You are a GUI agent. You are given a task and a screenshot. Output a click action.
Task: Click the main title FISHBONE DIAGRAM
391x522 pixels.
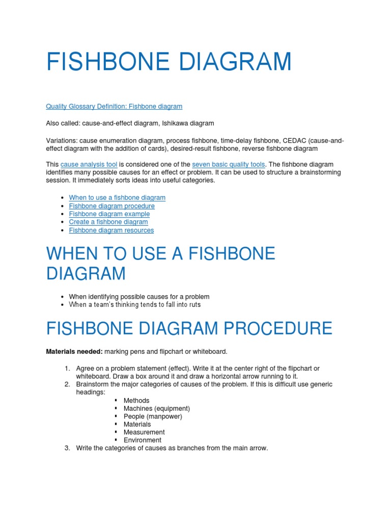pos(169,62)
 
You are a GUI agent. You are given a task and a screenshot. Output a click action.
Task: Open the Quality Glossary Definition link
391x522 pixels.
pos(114,107)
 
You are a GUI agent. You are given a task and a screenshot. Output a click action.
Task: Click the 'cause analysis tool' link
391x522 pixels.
pos(89,164)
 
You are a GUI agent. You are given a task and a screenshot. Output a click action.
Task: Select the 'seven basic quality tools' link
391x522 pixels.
pos(229,164)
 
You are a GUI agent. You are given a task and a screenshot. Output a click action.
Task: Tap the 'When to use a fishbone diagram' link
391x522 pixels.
pos(117,197)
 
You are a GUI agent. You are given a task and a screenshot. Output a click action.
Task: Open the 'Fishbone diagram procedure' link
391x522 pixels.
pos(112,206)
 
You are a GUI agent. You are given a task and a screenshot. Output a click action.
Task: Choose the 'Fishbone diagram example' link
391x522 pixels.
pos(109,214)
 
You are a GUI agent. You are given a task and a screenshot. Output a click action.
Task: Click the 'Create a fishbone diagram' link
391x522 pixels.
pos(108,222)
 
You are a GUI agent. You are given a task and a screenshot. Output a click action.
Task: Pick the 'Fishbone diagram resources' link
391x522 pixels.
pos(111,230)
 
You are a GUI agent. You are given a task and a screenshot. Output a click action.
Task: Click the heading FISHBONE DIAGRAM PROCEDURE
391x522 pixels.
pos(189,328)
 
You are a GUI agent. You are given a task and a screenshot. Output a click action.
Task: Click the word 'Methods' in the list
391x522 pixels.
pos(136,401)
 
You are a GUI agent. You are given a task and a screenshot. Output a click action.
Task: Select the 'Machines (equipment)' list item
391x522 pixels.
pos(157,408)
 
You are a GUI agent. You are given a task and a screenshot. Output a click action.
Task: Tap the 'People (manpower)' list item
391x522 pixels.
pos(153,416)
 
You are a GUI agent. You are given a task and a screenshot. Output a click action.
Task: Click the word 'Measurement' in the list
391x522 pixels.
pos(144,432)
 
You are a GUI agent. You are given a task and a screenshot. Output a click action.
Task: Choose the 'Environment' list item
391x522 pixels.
pos(143,440)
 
